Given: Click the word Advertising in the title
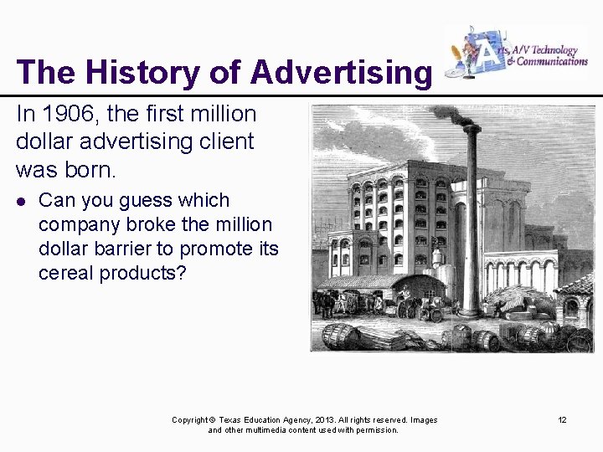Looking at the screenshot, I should [340, 73].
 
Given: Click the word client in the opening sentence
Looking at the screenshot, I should [225, 141].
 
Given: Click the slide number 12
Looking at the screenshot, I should [562, 419].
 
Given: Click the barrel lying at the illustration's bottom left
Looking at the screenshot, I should [341, 336].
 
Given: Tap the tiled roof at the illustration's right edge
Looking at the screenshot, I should [580, 285].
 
